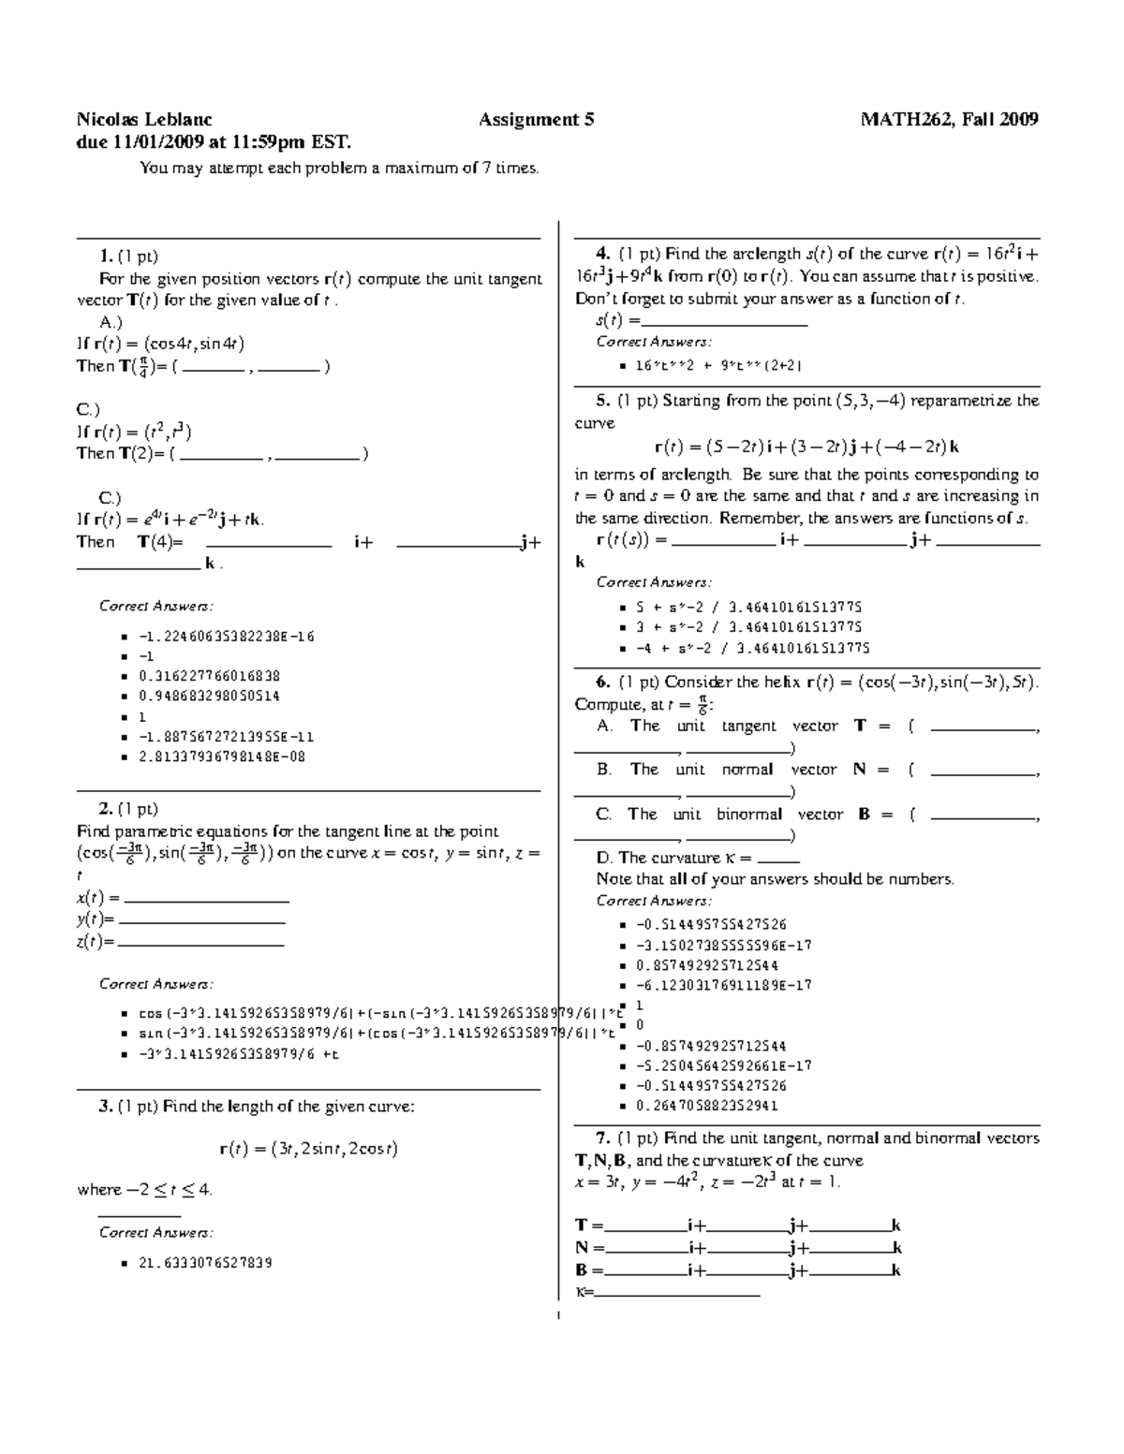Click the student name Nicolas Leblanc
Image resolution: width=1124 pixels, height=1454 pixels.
click(144, 120)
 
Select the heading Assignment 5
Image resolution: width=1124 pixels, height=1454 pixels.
click(537, 120)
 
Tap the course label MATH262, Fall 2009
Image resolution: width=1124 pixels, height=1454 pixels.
click(950, 120)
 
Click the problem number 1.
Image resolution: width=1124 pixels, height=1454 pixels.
click(105, 256)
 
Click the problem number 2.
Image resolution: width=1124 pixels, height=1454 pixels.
click(105, 809)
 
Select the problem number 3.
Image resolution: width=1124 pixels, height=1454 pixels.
click(105, 1107)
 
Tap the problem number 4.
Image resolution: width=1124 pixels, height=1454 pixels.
click(602, 254)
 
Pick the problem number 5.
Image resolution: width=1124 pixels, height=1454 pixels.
click(602, 401)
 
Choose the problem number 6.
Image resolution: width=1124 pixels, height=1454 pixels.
click(602, 683)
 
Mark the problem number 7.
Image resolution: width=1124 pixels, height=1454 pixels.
click(602, 1138)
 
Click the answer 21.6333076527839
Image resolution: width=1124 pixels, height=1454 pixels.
click(205, 1263)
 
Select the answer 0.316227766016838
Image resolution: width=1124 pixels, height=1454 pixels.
click(209, 676)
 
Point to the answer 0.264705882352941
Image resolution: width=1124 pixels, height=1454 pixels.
click(706, 1106)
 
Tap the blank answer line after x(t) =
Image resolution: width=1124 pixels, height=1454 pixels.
click(206, 899)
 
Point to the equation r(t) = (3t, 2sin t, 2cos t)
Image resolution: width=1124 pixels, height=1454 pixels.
click(308, 1149)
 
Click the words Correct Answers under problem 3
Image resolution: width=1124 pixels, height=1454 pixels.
click(155, 1233)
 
